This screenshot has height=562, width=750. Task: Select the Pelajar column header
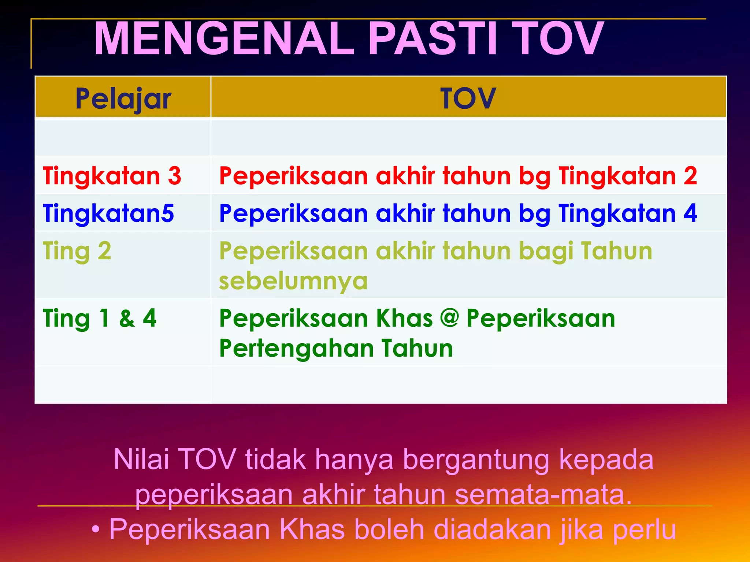tap(123, 98)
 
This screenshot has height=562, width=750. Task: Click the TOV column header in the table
tap(468, 98)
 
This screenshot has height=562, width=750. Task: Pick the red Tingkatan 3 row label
tap(112, 176)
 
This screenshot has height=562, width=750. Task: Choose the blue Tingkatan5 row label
tap(108, 213)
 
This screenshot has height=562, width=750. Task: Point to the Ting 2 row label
tap(77, 251)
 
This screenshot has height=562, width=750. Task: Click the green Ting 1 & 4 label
tap(100, 318)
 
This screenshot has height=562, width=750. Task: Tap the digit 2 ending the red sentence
tap(690, 176)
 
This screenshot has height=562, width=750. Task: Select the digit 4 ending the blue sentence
tap(690, 213)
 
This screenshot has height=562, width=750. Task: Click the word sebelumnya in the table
tap(293, 281)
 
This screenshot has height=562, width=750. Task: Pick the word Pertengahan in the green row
tap(296, 348)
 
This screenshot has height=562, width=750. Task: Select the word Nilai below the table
tap(141, 460)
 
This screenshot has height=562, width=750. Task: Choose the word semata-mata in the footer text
tap(543, 495)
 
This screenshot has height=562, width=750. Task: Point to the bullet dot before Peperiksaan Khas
tap(96, 529)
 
